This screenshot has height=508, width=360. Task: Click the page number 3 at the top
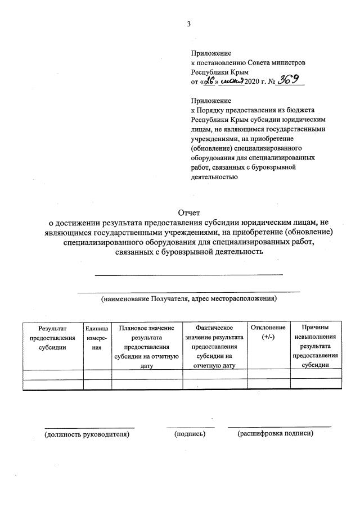(x=190, y=24)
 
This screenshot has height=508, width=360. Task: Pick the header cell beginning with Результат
(x=52, y=337)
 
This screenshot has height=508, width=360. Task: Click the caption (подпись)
(x=190, y=434)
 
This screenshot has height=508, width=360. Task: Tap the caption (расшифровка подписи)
(x=276, y=434)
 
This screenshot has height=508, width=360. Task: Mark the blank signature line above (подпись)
(x=190, y=428)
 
